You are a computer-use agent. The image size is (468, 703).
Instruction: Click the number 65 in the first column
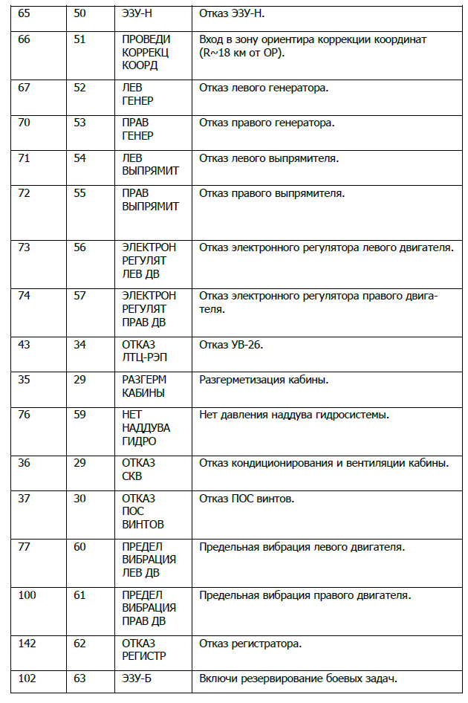(x=24, y=14)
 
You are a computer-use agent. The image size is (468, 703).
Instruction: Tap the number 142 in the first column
(x=27, y=643)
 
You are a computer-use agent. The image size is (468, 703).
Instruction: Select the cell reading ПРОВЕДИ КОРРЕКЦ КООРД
(x=146, y=51)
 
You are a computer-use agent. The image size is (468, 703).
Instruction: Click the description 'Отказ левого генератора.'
(x=264, y=88)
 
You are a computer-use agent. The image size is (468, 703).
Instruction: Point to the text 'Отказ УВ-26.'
(x=231, y=345)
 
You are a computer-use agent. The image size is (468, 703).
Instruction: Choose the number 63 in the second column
(x=79, y=678)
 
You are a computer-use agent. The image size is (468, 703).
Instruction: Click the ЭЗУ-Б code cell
(x=138, y=678)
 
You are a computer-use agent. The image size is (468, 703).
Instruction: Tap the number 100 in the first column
(x=27, y=595)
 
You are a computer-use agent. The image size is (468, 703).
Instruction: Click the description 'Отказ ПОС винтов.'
(x=247, y=498)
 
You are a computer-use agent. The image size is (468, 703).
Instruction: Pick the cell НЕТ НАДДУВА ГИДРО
(x=146, y=427)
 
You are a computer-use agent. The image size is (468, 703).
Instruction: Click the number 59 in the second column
(x=79, y=414)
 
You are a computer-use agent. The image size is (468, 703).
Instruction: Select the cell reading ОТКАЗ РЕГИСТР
(x=144, y=649)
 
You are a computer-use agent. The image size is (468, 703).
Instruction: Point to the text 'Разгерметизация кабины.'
(x=264, y=380)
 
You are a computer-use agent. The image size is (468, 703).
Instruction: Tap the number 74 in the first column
(x=24, y=295)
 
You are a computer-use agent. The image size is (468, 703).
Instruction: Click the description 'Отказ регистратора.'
(x=250, y=643)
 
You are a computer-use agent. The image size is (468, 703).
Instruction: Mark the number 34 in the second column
(x=79, y=345)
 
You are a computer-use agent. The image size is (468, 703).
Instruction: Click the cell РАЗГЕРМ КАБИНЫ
(x=143, y=386)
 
